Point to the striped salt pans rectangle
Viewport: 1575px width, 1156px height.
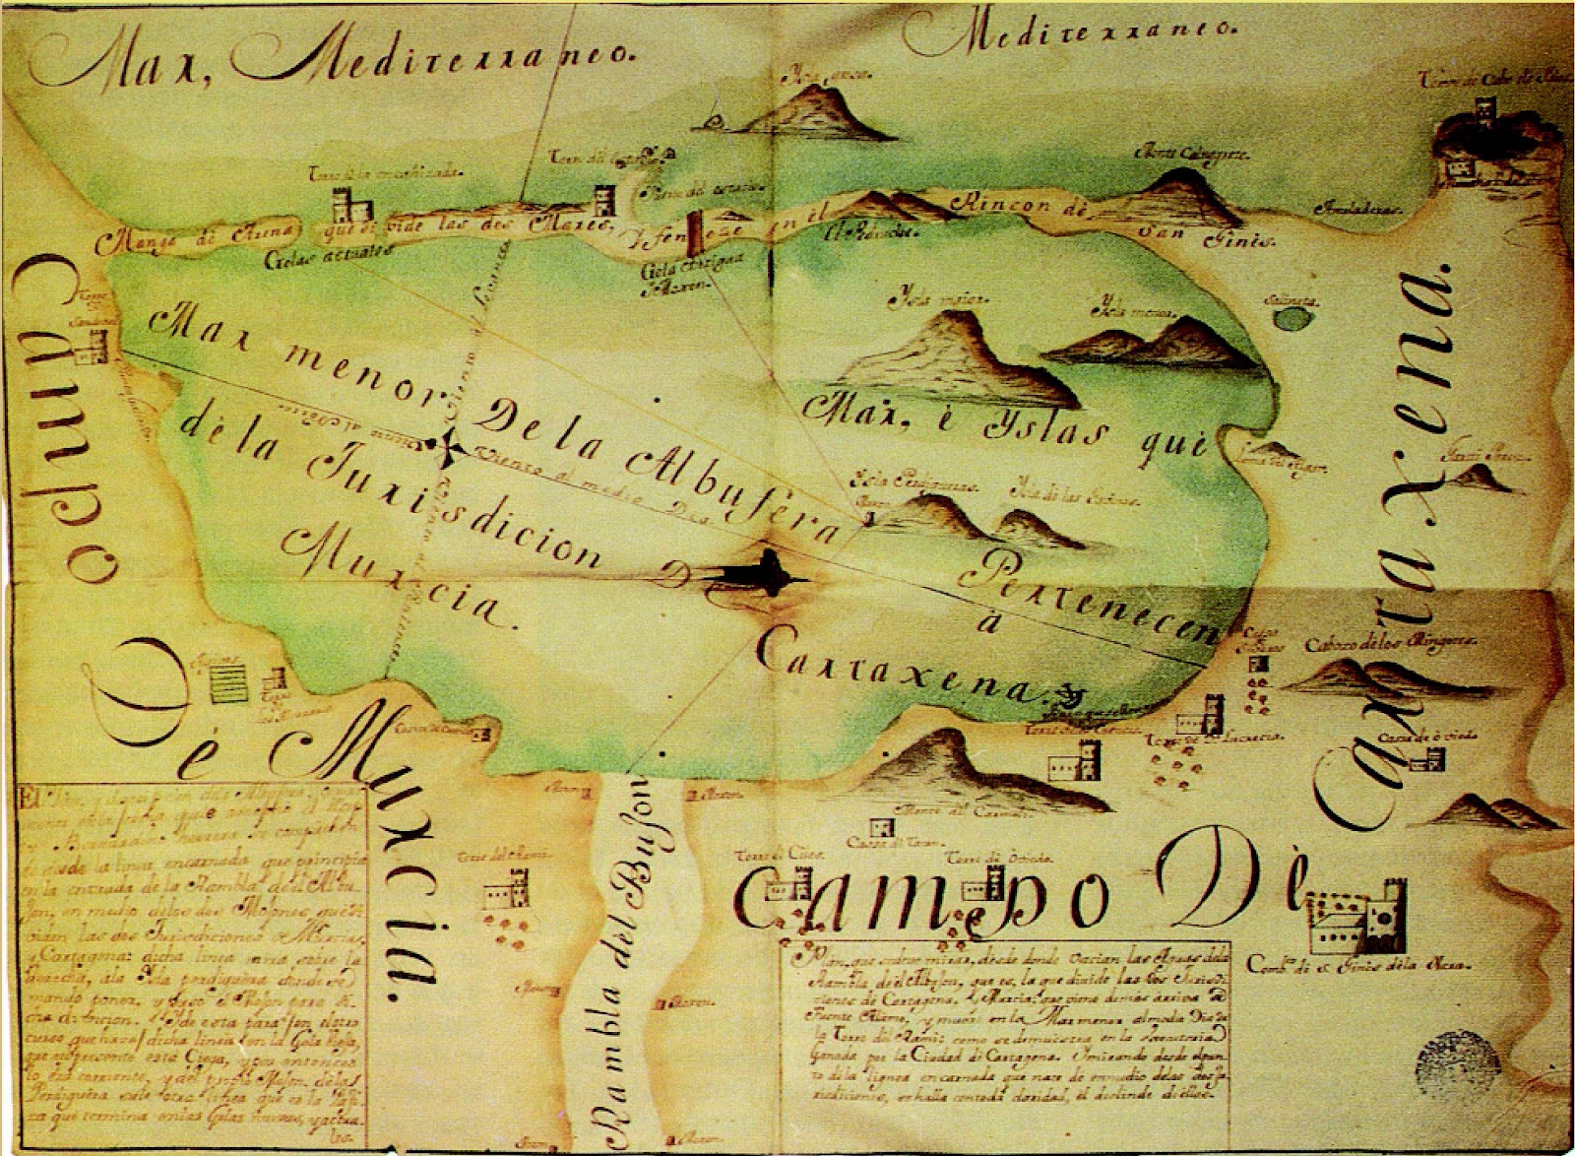click(x=229, y=681)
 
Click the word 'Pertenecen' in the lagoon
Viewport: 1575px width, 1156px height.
click(x=1083, y=597)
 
